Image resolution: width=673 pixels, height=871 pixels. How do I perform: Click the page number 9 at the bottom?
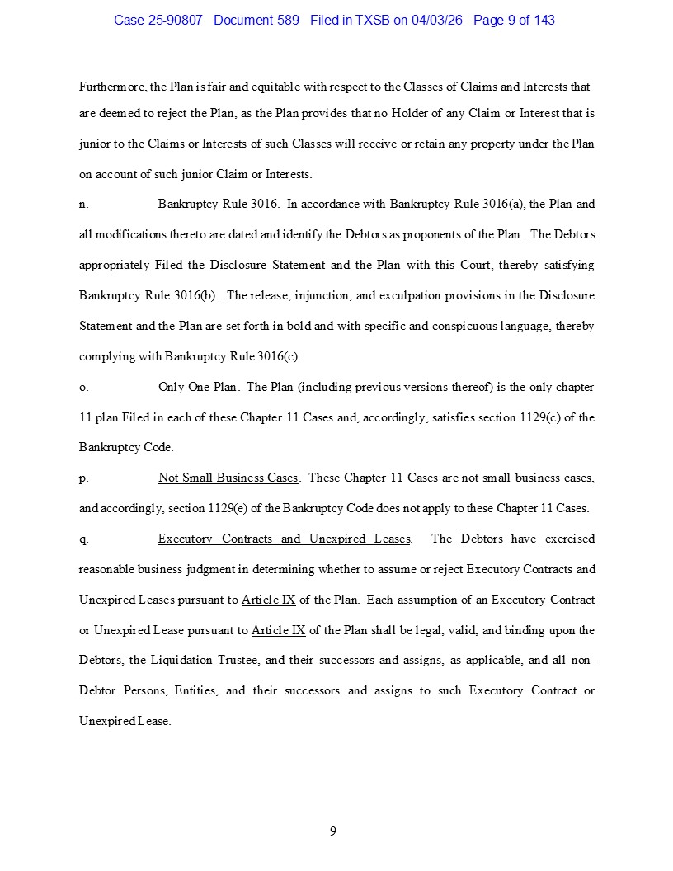[x=333, y=831]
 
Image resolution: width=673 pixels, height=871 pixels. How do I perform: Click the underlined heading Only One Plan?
[x=197, y=387]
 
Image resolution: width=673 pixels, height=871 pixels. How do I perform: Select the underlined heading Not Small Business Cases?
[x=228, y=478]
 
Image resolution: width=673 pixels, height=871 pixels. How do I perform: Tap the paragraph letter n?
[x=83, y=205]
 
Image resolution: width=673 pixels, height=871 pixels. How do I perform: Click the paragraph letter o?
[x=83, y=388]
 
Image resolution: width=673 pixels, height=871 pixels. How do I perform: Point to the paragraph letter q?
[x=83, y=539]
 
